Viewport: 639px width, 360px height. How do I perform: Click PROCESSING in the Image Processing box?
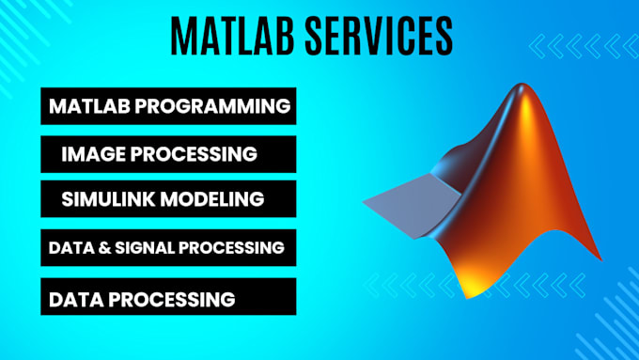pyautogui.click(x=196, y=153)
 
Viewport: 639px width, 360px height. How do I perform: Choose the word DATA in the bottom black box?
pyautogui.click(x=75, y=300)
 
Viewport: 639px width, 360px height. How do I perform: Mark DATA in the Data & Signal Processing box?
pyautogui.click(x=67, y=248)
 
